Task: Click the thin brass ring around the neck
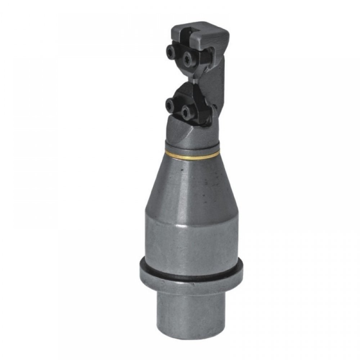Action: [x=193, y=156]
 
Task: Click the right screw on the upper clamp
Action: [x=188, y=58]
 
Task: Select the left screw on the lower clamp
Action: [x=170, y=105]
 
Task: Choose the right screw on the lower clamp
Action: [x=186, y=112]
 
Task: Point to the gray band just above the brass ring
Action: [x=193, y=147]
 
